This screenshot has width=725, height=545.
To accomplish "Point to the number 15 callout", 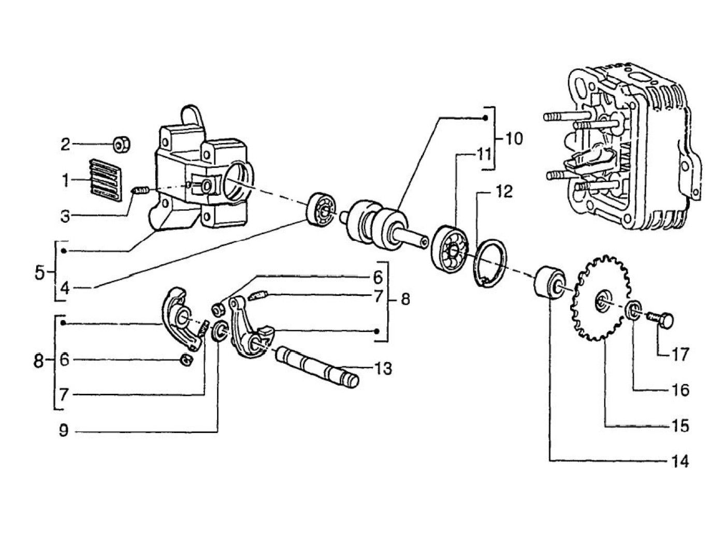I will point(682,425).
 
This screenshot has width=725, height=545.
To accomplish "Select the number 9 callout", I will point(63,431).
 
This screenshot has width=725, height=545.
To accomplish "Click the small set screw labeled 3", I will point(141,191).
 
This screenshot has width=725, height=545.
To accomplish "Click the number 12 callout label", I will point(501,192).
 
